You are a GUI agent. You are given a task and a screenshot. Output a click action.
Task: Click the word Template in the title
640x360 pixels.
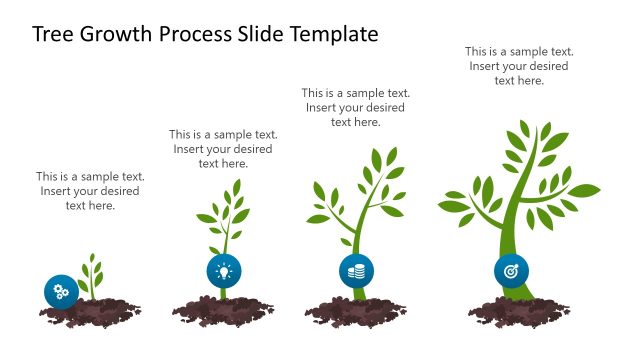click(335, 35)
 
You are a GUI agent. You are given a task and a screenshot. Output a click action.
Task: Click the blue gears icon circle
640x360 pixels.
click(61, 291)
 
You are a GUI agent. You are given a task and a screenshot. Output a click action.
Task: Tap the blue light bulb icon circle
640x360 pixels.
click(224, 270)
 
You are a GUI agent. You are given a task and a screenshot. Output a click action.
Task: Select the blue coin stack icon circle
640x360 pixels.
click(356, 270)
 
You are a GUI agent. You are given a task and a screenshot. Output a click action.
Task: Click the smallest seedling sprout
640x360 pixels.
click(92, 274)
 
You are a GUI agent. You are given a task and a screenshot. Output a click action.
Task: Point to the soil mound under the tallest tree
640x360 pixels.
click(520, 310)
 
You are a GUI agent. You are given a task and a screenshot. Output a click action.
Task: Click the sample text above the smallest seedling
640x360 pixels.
click(90, 191)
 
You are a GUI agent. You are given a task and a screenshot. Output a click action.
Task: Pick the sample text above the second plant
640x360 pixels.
click(223, 148)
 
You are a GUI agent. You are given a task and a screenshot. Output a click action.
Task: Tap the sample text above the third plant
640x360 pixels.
click(356, 107)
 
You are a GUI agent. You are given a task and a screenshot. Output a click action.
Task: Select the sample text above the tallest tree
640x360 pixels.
click(519, 66)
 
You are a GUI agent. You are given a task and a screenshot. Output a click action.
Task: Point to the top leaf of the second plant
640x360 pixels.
click(237, 188)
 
